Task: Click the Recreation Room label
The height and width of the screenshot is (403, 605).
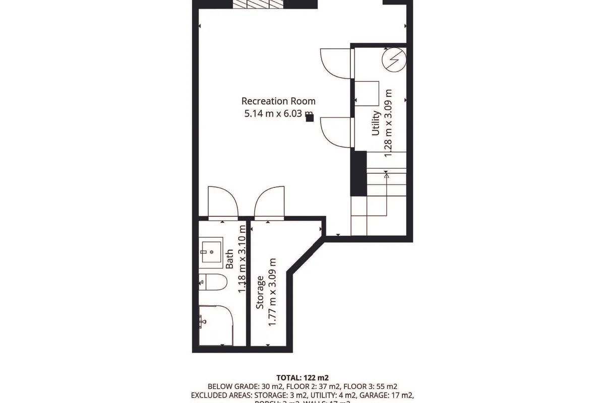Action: [278, 101]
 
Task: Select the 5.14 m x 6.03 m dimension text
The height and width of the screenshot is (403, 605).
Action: [278, 114]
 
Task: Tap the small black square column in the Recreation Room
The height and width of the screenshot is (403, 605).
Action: [310, 118]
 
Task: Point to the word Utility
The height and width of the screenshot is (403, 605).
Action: [376, 122]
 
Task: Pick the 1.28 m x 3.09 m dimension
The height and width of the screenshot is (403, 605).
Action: [388, 123]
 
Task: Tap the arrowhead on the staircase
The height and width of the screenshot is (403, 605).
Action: [387, 175]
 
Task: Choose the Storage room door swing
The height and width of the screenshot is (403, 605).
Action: [268, 203]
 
